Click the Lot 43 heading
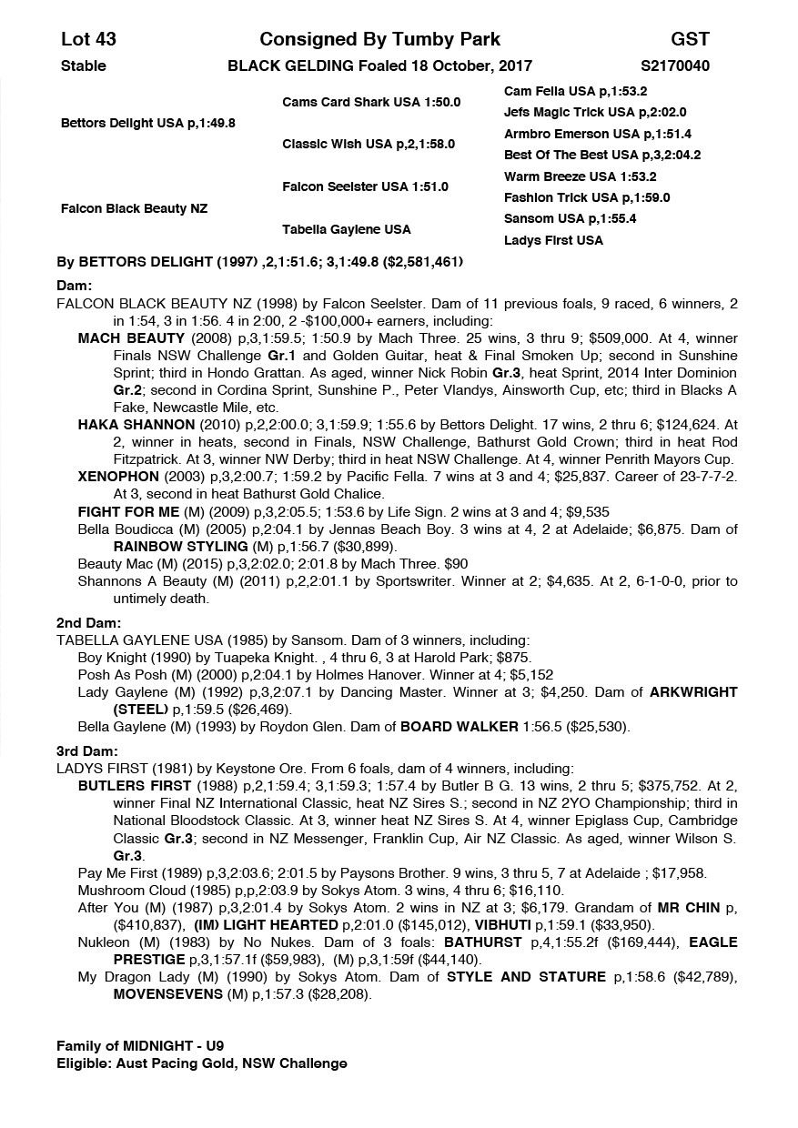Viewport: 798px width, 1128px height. (88, 39)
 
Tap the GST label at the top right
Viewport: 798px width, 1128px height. (690, 39)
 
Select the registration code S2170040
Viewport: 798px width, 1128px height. (675, 65)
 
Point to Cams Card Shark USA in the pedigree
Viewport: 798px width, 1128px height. (371, 102)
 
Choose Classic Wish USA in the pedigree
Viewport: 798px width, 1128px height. (368, 144)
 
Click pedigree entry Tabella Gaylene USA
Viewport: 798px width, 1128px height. (346, 229)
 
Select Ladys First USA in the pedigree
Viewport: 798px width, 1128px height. (553, 240)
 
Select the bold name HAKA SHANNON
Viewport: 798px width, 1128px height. (136, 425)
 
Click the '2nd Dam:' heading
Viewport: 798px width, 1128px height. (88, 623)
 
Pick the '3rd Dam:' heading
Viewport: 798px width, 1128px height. (87, 751)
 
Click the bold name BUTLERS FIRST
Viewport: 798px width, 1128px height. (135, 786)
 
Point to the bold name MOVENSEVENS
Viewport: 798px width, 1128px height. (170, 994)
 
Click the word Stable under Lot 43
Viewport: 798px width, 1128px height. (83, 65)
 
